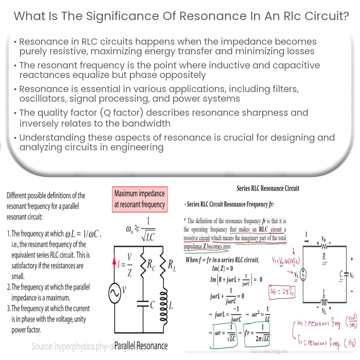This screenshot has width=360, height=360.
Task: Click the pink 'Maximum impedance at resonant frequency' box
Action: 140,199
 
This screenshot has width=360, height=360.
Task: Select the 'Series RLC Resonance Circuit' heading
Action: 268,188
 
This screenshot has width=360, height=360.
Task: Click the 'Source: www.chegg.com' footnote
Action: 269,351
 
